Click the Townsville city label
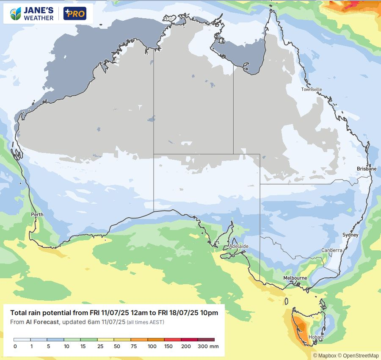click(x=312, y=89)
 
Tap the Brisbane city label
click(x=366, y=169)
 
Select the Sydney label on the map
click(x=350, y=235)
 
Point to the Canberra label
click(x=331, y=250)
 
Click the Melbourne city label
click(x=295, y=278)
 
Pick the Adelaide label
click(x=238, y=246)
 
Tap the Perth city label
click(x=37, y=215)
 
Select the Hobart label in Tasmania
click(x=316, y=337)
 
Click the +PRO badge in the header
click(x=75, y=14)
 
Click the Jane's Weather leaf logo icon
click(x=16, y=14)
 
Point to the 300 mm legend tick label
click(x=208, y=346)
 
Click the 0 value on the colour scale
click(x=15, y=346)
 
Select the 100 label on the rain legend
click(x=152, y=346)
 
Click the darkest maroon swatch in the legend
click(x=206, y=340)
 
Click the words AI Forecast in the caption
click(x=41, y=322)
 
